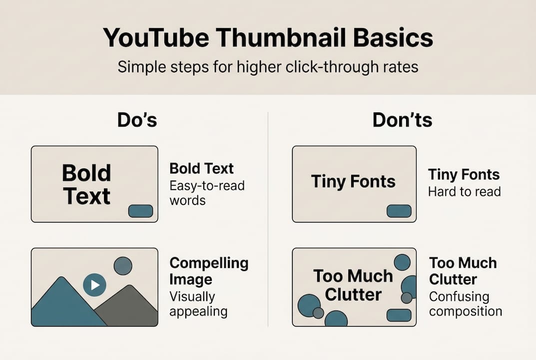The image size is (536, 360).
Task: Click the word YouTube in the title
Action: (x=156, y=37)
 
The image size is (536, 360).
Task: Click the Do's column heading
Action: (x=137, y=120)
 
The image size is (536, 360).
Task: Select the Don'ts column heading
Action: (x=402, y=120)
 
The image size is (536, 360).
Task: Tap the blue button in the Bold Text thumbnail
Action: (x=140, y=211)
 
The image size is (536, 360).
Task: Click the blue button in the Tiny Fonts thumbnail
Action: (x=399, y=211)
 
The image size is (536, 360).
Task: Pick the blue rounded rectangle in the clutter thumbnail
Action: (x=399, y=315)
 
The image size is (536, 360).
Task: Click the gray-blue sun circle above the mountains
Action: (x=123, y=266)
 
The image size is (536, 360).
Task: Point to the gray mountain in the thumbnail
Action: (x=128, y=305)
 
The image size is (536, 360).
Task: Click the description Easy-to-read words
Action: (x=207, y=193)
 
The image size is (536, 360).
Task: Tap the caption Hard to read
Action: (x=465, y=191)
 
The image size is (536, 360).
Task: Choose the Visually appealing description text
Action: (x=198, y=304)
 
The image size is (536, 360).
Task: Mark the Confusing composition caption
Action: (x=466, y=304)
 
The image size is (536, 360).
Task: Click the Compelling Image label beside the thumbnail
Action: (x=209, y=271)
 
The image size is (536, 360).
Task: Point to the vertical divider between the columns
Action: (x=268, y=219)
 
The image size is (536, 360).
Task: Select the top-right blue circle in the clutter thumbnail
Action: (x=402, y=262)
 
